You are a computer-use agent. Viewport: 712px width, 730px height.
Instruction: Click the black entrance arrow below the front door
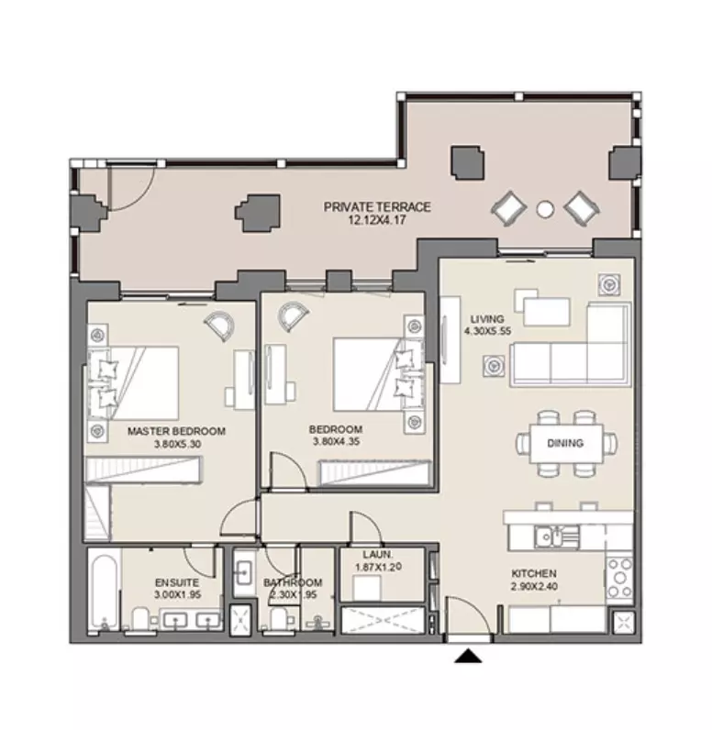[x=468, y=657]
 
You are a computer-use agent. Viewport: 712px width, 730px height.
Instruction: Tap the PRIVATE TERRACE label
[x=377, y=206]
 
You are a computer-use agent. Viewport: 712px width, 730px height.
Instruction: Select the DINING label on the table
[x=565, y=443]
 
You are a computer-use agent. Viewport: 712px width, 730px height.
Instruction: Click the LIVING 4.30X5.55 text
[x=487, y=325]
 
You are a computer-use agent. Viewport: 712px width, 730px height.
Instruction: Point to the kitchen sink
[x=550, y=536]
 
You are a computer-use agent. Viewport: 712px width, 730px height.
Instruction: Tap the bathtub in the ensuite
[x=104, y=591]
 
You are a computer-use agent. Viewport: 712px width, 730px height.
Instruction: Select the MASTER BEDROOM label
[x=176, y=431]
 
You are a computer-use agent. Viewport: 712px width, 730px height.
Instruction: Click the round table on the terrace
[x=545, y=209]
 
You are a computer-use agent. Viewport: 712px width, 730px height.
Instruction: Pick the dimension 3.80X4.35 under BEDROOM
[x=336, y=441]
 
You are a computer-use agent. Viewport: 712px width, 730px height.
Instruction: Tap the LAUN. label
[x=378, y=555]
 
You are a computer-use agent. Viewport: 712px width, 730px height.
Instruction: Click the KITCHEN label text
[x=534, y=573]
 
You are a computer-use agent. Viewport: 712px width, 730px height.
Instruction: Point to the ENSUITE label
[x=177, y=582]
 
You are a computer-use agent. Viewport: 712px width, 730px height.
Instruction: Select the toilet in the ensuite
[x=140, y=618]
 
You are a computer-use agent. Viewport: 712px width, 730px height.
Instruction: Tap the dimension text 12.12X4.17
[x=377, y=220]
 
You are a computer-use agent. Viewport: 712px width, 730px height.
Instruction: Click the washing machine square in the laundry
[x=366, y=588]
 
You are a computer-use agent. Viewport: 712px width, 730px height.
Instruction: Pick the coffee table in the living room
[x=546, y=312]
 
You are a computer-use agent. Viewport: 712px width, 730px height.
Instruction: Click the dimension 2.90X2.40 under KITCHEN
[x=534, y=586]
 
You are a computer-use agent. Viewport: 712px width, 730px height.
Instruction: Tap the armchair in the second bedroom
[x=293, y=316]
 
